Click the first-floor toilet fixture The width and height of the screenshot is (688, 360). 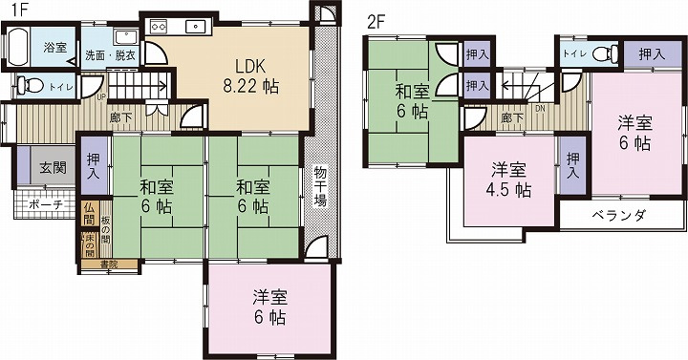click(x=25, y=88)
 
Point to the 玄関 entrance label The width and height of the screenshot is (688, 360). click(x=53, y=168)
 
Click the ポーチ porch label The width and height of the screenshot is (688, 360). click(x=46, y=205)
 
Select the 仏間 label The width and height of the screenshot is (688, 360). click(x=89, y=215)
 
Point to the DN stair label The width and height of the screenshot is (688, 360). click(x=540, y=109)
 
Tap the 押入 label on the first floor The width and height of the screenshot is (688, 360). click(x=93, y=168)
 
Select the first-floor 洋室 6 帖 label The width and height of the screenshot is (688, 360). click(x=271, y=306)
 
